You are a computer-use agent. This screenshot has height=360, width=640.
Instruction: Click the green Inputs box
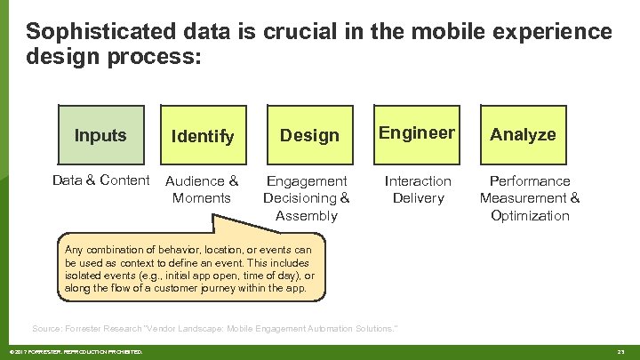(x=100, y=135)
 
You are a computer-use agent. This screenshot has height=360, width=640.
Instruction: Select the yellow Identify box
(x=203, y=135)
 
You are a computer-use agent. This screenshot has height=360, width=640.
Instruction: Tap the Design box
(x=309, y=135)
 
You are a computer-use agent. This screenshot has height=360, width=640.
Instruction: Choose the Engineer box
(x=417, y=133)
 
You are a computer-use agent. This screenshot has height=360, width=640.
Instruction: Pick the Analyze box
(x=523, y=134)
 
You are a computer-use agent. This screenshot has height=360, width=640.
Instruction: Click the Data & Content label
(x=100, y=180)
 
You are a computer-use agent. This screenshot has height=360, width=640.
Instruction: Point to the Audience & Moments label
(x=202, y=189)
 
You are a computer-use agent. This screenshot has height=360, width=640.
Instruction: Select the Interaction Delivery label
(x=418, y=189)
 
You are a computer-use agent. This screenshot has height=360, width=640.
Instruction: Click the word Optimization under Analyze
(x=530, y=215)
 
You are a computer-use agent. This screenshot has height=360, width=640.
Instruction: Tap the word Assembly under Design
(x=307, y=215)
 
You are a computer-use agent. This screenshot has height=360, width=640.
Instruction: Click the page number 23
(x=621, y=352)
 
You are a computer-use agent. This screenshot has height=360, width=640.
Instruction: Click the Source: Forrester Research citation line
(x=214, y=329)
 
